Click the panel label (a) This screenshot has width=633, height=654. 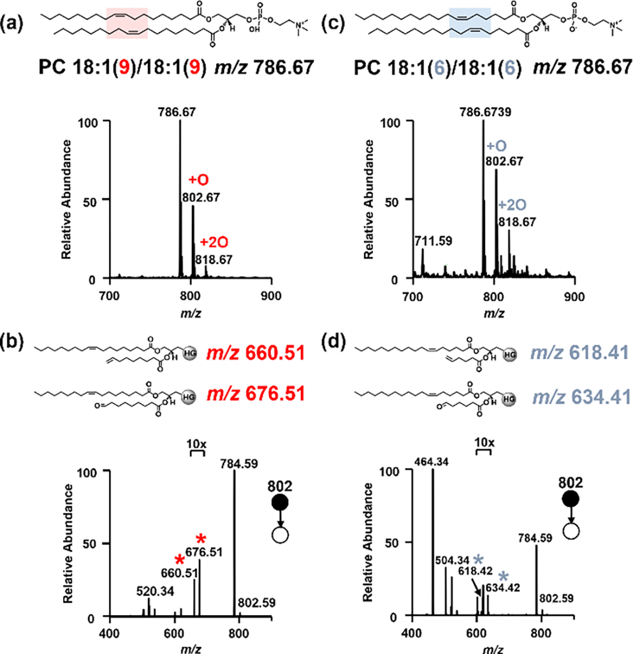click(x=15, y=25)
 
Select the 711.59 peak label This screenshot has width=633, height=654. click(x=434, y=240)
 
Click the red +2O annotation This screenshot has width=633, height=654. click(x=213, y=243)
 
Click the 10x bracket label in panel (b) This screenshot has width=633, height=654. click(x=196, y=444)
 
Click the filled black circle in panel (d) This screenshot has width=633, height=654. click(x=570, y=499)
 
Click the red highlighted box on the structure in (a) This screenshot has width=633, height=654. click(x=126, y=23)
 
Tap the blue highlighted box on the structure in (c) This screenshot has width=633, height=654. click(x=470, y=23)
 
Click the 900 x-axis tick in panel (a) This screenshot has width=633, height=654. click(x=270, y=296)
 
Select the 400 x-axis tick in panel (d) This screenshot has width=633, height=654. click(x=412, y=634)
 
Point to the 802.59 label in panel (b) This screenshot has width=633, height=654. click(x=257, y=603)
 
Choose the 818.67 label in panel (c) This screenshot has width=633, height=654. click(x=517, y=222)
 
